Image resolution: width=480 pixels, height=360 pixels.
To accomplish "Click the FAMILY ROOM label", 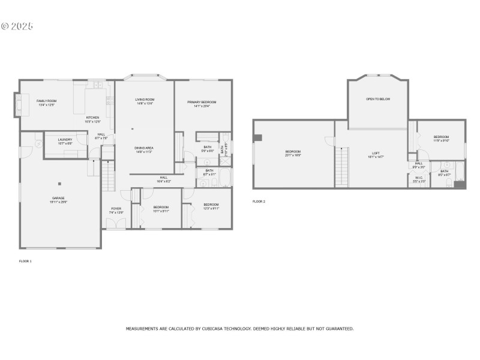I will tap(46, 101).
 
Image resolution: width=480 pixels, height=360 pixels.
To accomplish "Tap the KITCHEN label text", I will tap(92, 118).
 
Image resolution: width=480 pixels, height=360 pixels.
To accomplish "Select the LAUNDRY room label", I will tap(65, 139).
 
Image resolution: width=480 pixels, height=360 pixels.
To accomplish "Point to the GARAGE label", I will tap(58, 198).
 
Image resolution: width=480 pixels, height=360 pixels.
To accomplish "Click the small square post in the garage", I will tap(59, 184).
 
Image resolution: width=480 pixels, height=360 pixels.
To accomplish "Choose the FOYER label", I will tap(116, 209).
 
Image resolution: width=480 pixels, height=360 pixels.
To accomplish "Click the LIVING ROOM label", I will tap(145, 100).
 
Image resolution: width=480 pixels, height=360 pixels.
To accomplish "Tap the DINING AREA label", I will tap(144, 148).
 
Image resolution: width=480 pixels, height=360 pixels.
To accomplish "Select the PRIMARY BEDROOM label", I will tap(202, 103).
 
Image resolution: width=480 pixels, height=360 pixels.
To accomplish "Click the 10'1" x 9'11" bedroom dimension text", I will tap(161, 211).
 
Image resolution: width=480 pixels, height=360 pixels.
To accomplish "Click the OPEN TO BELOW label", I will tap(378, 99).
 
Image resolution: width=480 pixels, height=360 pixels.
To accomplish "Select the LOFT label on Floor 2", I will tap(376, 153).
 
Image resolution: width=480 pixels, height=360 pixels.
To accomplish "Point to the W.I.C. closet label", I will tap(419, 177).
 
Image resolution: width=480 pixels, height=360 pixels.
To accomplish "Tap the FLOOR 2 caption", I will tap(259, 202).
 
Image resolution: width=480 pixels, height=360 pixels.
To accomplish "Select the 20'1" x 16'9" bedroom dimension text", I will tap(293, 155).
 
